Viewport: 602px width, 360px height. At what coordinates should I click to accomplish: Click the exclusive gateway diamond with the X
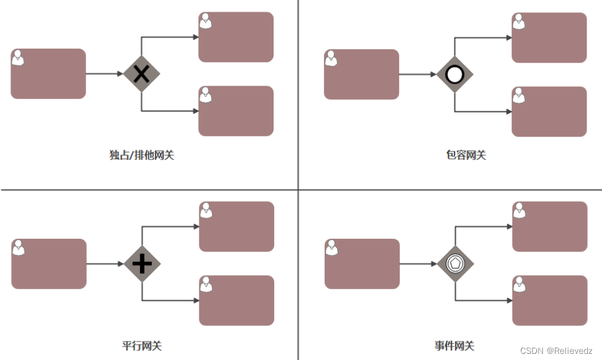coord(141,74)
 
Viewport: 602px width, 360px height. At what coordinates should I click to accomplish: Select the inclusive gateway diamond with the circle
coord(454,74)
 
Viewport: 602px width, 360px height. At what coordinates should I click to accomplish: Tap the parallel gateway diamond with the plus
coord(142,264)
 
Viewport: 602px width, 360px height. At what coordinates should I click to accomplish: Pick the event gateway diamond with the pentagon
coord(455,264)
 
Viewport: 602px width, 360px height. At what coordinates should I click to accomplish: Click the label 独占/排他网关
coord(141,155)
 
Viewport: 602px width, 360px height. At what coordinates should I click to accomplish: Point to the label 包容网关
coord(465,155)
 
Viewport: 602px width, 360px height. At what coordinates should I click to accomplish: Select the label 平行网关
coord(141,346)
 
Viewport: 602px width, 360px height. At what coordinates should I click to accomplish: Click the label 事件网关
coord(454,346)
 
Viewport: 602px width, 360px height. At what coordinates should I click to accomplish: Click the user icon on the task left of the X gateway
coord(18,57)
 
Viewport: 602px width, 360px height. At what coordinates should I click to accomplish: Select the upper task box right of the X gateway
coord(236,37)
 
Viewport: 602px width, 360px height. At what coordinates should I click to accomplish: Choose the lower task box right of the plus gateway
coord(236,300)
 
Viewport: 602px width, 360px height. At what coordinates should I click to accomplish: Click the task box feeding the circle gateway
coord(362,74)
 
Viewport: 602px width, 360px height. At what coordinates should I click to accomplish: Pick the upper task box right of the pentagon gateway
coord(549,226)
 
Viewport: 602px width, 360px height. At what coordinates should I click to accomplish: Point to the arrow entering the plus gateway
coord(105,264)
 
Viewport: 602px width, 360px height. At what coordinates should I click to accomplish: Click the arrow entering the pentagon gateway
coord(418,264)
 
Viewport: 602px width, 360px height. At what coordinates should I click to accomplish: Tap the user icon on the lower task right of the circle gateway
coord(519,95)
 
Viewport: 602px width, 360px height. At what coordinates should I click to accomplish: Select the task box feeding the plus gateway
coord(49,264)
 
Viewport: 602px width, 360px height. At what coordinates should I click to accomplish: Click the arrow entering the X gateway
coord(105,74)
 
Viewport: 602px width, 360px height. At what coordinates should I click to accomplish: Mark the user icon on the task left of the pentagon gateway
coord(332,247)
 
